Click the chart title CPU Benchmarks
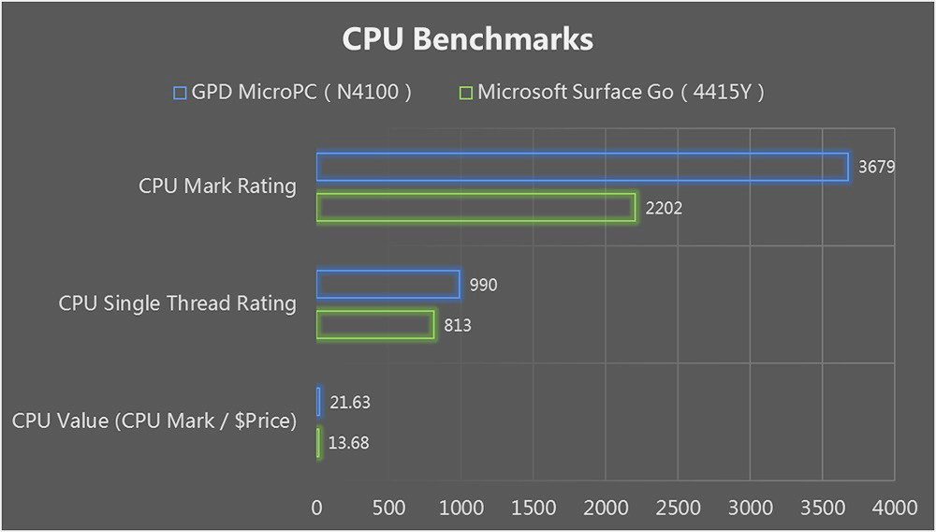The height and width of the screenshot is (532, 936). coord(467,39)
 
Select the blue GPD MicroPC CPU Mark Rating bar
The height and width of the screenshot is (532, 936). coord(582,167)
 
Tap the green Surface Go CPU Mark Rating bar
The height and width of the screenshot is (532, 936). coord(475,207)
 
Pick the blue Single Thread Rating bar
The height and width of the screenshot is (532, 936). coord(388,285)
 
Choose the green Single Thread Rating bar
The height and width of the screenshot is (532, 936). coord(375,325)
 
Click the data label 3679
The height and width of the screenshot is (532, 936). coord(877,168)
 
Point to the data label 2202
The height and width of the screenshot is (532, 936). coord(664,208)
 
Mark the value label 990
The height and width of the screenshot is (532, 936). coord(483,285)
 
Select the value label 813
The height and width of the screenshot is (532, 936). coord(457,326)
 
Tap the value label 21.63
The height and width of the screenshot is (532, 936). coord(350,403)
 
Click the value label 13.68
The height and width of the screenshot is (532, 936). coord(349,443)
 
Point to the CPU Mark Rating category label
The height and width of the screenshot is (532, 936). coord(217,186)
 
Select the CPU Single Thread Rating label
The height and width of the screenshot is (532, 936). coord(177,303)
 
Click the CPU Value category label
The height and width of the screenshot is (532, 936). coord(154,421)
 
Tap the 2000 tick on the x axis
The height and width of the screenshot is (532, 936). coord(606,508)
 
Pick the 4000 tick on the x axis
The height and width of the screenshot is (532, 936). coord(895,508)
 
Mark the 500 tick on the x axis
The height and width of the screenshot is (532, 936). coord(389,508)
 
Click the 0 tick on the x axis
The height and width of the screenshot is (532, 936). coord(317,508)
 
